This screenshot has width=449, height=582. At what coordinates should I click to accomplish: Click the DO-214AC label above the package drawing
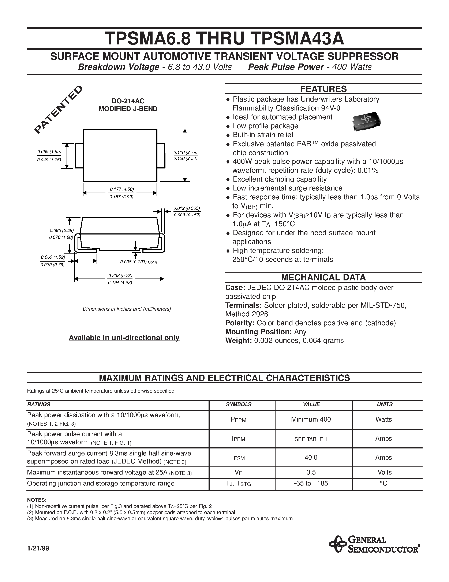128,101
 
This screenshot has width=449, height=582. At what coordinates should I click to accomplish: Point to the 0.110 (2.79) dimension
185,152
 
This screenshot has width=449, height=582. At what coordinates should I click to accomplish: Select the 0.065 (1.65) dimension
49,152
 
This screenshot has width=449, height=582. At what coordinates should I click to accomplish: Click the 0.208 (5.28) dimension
120,276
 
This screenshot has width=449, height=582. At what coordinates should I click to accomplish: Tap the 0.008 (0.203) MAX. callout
139,262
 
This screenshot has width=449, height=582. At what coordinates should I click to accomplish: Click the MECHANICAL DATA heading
323,277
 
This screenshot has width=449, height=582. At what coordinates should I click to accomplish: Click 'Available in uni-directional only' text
124,338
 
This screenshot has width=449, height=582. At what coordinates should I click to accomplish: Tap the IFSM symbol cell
238,458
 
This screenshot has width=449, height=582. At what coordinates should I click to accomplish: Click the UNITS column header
384,404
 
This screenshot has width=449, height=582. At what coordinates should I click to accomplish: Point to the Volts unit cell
384,472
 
